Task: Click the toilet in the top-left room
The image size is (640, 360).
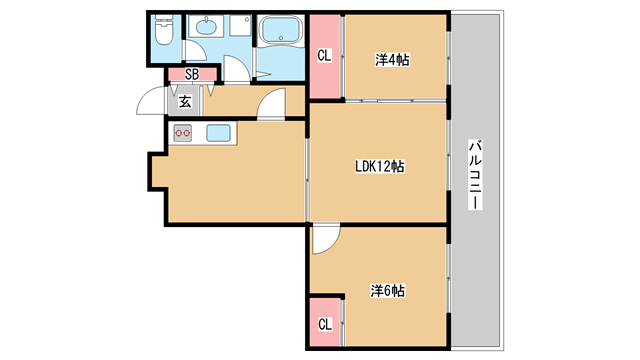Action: [x=164, y=30]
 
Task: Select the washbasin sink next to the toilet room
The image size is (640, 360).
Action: [x=206, y=27]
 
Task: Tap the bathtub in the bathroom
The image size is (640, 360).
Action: [x=281, y=29]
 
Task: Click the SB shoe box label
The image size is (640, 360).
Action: [x=192, y=74]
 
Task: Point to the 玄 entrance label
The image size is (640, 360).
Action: [x=185, y=102]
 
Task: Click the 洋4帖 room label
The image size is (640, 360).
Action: [x=392, y=60]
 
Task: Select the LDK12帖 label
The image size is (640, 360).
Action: [x=380, y=167]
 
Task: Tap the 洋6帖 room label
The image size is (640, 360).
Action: [x=388, y=291]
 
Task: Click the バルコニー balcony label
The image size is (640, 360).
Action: [x=475, y=175]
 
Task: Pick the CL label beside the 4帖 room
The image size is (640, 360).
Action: [x=324, y=55]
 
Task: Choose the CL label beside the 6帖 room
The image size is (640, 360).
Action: [x=325, y=324]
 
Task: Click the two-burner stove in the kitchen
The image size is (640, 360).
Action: [x=182, y=133]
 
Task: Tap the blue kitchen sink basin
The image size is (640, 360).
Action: [x=218, y=133]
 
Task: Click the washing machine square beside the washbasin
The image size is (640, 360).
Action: [x=240, y=26]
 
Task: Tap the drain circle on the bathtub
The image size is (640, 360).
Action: [x=281, y=38]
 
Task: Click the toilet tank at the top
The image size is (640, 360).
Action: [x=164, y=18]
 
